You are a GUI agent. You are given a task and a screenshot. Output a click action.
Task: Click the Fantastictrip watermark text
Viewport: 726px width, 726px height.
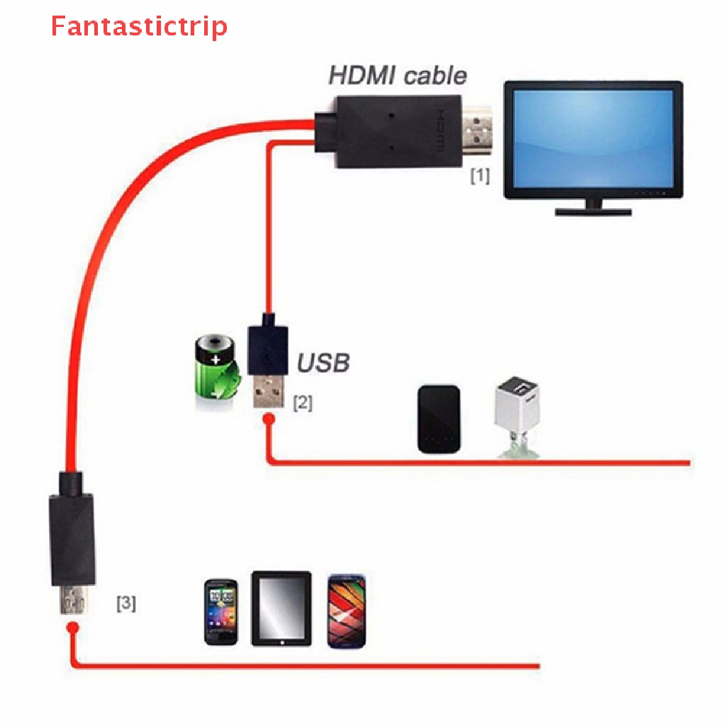139,27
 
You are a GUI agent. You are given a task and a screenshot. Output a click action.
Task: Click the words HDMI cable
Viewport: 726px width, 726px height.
398,75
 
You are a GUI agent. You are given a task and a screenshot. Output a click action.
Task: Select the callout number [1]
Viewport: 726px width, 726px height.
480,175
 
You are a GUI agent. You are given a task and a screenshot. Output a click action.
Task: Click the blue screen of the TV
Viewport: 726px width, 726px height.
593,138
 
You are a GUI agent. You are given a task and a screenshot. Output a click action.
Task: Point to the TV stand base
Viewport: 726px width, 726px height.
593,211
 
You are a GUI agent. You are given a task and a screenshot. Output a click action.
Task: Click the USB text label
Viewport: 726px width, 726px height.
323,363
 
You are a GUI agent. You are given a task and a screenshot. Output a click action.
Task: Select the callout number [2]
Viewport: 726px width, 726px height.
302,403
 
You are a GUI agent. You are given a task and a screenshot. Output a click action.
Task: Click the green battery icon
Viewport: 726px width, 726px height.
216,374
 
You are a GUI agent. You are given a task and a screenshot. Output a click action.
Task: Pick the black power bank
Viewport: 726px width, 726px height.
439,419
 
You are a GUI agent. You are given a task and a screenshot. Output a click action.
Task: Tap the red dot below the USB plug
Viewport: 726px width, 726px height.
268,420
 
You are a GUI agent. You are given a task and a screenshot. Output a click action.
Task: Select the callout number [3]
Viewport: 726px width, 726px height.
126,604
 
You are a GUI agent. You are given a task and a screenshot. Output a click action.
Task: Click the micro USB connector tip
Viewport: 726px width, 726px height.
72,601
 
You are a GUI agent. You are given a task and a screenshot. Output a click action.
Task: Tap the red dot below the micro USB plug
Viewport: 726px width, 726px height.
72,628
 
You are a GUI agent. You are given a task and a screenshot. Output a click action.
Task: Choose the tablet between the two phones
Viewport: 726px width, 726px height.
281,608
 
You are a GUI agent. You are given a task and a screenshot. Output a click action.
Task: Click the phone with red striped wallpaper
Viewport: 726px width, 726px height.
347,610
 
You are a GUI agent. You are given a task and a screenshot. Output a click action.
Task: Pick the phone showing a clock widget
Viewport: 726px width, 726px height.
220,611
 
